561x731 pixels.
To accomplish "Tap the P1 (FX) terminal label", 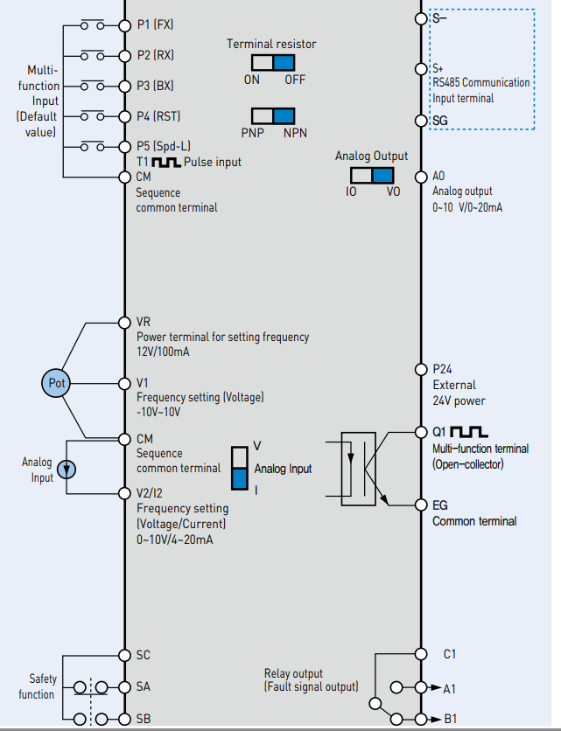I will [x=155, y=24].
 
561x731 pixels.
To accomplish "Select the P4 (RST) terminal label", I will [x=158, y=115].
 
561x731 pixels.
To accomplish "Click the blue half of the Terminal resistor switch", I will [x=284, y=62].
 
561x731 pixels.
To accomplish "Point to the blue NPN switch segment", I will [x=284, y=116].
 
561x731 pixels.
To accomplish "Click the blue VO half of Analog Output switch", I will [x=382, y=174].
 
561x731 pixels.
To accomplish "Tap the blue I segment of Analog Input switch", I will [x=240, y=478].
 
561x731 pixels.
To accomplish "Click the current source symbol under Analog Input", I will [x=67, y=470].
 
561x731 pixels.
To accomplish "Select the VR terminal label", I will [x=144, y=322].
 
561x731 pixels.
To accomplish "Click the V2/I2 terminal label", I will [x=154, y=493].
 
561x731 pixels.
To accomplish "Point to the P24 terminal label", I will [x=443, y=369].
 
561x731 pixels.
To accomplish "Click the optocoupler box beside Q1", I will [x=365, y=470].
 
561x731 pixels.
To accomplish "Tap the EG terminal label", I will [x=440, y=505].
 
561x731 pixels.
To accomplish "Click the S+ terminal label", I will [x=440, y=68].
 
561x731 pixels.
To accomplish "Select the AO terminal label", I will [x=439, y=176].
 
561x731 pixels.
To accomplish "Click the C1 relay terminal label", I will [x=450, y=654].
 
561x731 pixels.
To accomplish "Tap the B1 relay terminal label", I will [x=450, y=719].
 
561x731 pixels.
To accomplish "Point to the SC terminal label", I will [x=144, y=655].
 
